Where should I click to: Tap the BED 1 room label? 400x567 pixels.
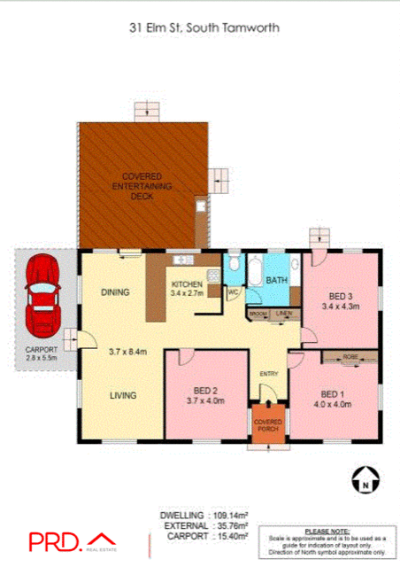(332, 394)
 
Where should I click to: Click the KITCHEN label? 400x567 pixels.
(187, 284)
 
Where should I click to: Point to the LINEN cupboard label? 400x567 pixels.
(283, 315)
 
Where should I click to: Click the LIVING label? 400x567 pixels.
(123, 396)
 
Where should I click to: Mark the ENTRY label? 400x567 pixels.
(268, 373)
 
